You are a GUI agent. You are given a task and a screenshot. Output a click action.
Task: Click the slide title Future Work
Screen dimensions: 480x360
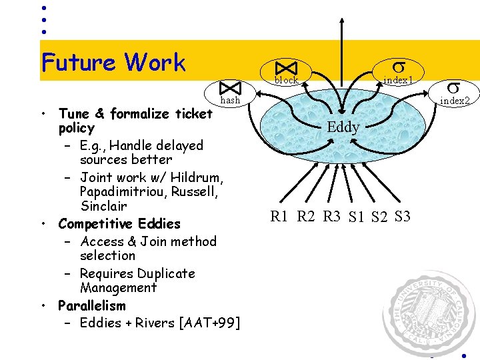(x=113, y=63)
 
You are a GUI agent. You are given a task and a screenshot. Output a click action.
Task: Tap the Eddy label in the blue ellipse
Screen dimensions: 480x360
(x=343, y=127)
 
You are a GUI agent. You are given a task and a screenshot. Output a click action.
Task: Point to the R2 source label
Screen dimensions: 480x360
(x=306, y=215)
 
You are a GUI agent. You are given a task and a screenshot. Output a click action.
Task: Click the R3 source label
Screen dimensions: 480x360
(x=331, y=215)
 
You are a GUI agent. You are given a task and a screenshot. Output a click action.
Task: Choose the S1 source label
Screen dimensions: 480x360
(x=357, y=217)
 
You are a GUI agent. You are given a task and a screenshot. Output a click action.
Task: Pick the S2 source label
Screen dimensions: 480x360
(x=380, y=217)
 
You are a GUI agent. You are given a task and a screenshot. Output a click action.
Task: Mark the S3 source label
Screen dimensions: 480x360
(x=403, y=215)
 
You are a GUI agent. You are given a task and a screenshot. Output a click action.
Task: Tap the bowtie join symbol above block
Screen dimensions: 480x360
(x=287, y=68)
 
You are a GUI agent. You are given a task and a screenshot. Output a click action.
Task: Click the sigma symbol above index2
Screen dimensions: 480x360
(x=453, y=87)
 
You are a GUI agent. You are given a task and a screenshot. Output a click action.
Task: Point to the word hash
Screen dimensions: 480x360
(x=230, y=100)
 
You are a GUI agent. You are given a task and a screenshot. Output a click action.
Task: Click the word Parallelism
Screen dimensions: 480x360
(x=91, y=306)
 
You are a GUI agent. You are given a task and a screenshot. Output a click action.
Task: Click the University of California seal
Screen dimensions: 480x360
(x=430, y=313)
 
